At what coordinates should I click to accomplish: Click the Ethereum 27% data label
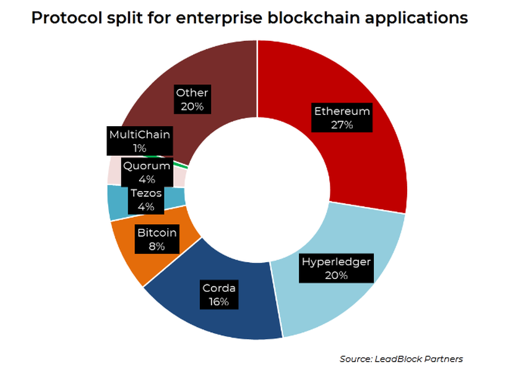tap(342, 118)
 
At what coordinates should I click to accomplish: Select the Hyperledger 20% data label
tap(336, 268)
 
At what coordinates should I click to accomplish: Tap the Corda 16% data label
tap(219, 295)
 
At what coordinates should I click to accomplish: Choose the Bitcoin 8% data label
tap(157, 239)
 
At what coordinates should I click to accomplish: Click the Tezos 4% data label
tap(146, 200)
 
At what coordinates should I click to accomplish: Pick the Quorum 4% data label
tap(147, 172)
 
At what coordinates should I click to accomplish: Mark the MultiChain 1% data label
tap(139, 141)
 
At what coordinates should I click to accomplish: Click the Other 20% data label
tap(192, 100)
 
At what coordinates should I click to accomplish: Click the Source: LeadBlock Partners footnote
tap(401, 359)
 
